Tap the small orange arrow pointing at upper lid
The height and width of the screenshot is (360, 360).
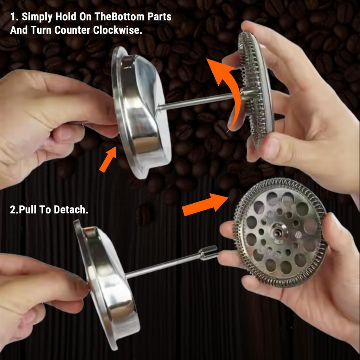(x=108, y=160)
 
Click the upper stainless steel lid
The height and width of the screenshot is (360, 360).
(x=141, y=112)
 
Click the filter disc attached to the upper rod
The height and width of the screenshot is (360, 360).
(x=257, y=88)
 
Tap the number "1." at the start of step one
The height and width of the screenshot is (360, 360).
(x=14, y=17)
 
